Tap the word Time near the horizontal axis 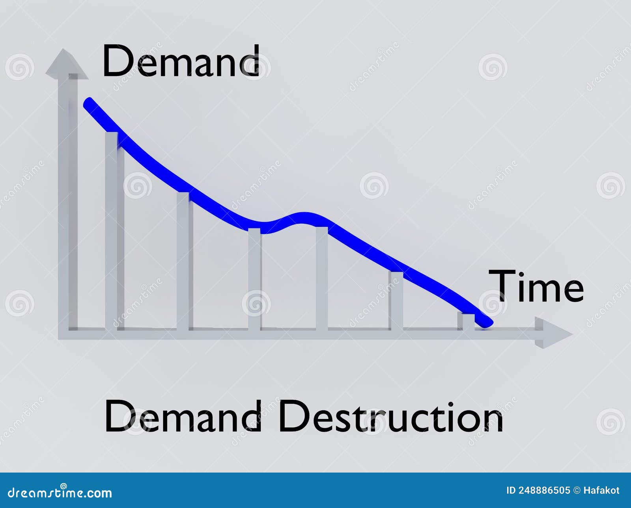coord(536,286)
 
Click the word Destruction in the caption coord(390,417)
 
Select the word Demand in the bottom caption coord(183,417)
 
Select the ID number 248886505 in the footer coord(544,490)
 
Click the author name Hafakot coord(601,490)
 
